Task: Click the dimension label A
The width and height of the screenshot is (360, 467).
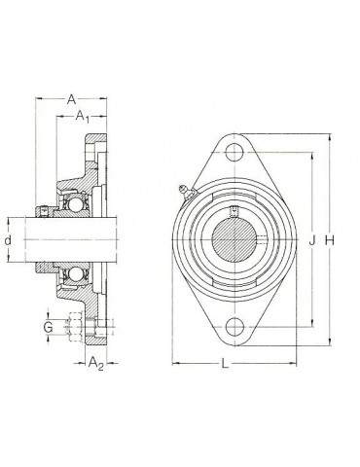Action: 71,99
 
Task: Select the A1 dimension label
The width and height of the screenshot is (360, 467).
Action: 83,117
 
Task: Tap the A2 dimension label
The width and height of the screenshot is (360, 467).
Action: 96,363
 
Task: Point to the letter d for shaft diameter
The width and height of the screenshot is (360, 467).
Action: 8,240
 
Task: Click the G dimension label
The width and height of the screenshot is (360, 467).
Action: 48,327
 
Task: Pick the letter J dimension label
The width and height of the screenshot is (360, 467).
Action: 312,240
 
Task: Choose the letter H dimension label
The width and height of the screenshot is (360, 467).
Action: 330,240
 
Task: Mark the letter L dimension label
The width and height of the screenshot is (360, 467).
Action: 225,364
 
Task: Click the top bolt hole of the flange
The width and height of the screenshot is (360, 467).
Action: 234,152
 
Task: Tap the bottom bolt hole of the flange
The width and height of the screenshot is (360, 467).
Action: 234,327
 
